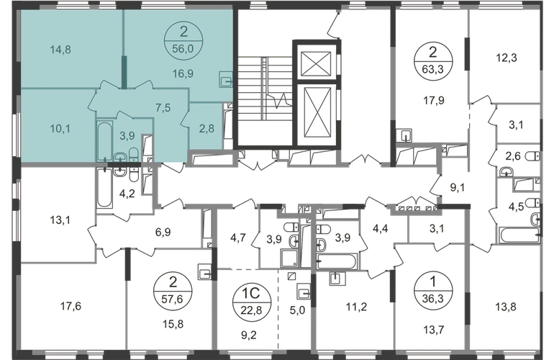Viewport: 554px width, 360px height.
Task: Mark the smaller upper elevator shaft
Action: (x=314, y=63)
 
